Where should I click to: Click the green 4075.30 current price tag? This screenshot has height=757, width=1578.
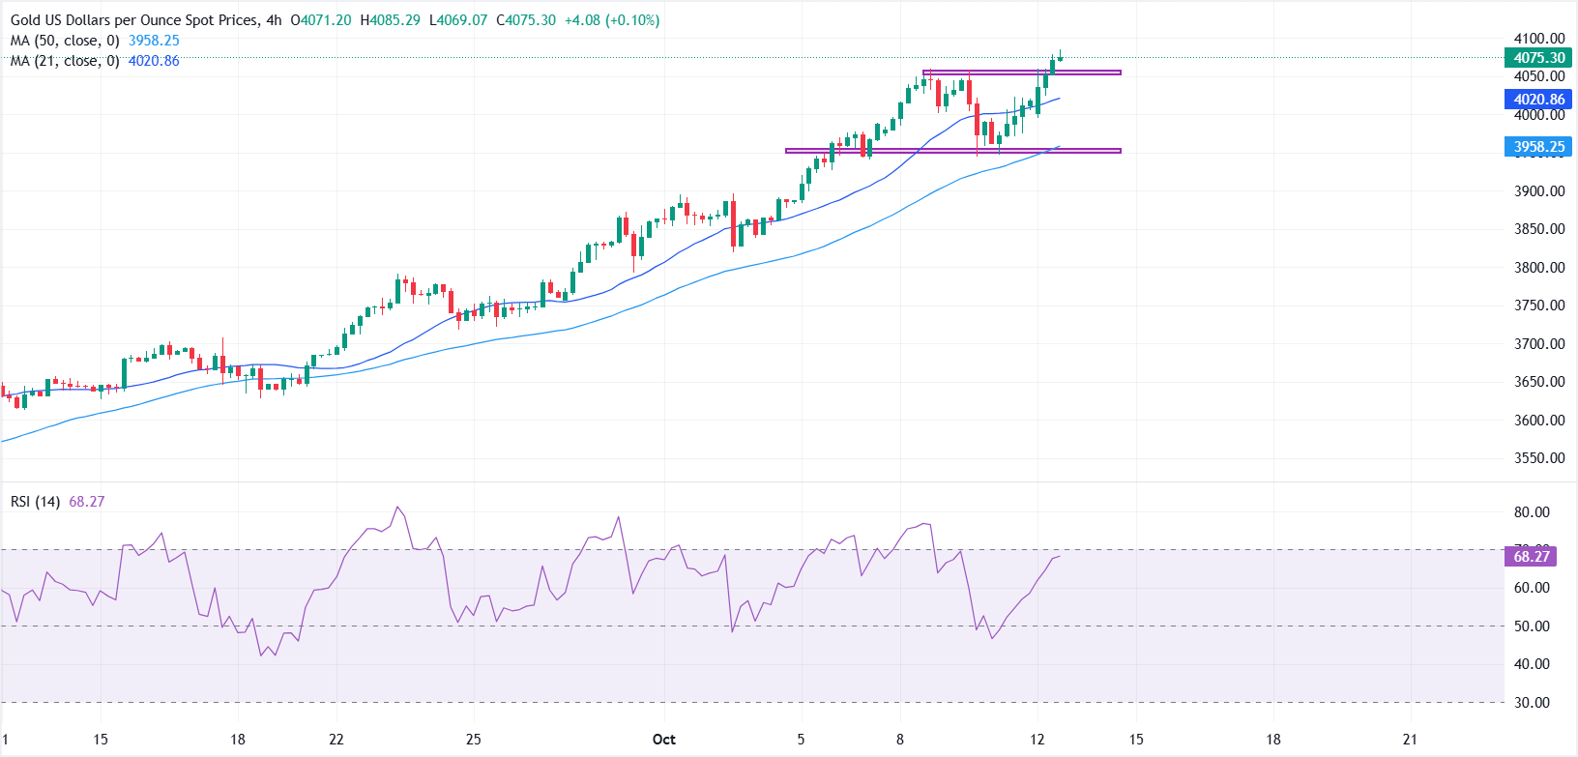tap(1538, 58)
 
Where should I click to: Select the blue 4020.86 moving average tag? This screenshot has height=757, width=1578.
tap(1538, 100)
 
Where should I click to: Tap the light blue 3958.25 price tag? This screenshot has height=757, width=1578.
tap(1538, 147)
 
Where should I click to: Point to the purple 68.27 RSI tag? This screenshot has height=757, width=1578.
tap(1531, 556)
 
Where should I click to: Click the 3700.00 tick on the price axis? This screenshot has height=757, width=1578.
tap(1539, 344)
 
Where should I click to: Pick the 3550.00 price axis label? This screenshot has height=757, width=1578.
tap(1539, 458)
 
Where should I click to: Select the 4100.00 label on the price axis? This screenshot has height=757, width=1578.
tap(1539, 39)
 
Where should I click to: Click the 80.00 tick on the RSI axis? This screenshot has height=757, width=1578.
tap(1532, 512)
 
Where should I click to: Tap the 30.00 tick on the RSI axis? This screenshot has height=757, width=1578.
tap(1532, 703)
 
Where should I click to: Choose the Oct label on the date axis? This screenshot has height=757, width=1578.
tap(663, 740)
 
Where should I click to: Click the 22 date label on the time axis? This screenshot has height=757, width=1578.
tap(336, 740)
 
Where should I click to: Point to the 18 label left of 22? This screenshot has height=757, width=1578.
tap(237, 740)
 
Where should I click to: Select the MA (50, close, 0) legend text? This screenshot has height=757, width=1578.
tap(65, 41)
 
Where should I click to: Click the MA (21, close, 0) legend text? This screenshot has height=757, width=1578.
tap(65, 61)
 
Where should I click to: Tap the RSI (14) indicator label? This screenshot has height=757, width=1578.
tap(35, 502)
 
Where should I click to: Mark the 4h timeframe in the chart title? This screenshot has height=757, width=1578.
tap(274, 20)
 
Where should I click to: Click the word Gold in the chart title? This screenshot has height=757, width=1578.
tap(26, 20)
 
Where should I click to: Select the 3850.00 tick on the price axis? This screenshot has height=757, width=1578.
tap(1539, 229)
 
